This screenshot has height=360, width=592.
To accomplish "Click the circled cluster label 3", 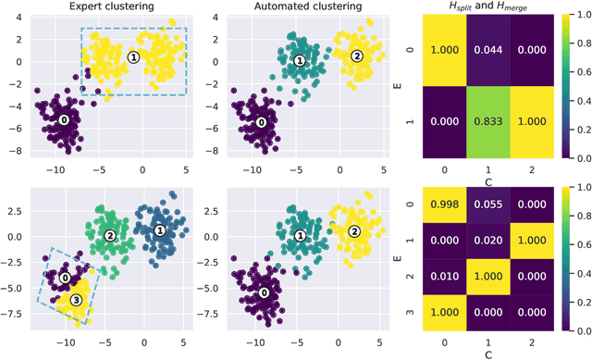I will click(77, 299).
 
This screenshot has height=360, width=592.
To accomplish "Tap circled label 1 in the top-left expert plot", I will click(133, 56).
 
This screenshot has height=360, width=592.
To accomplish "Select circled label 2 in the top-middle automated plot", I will click(357, 56).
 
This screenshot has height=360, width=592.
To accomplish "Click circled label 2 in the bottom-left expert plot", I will click(110, 236).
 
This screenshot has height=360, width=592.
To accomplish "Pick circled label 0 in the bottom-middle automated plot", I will click(264, 292).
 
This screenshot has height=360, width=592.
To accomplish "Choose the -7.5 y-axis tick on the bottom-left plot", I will click(16, 312).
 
